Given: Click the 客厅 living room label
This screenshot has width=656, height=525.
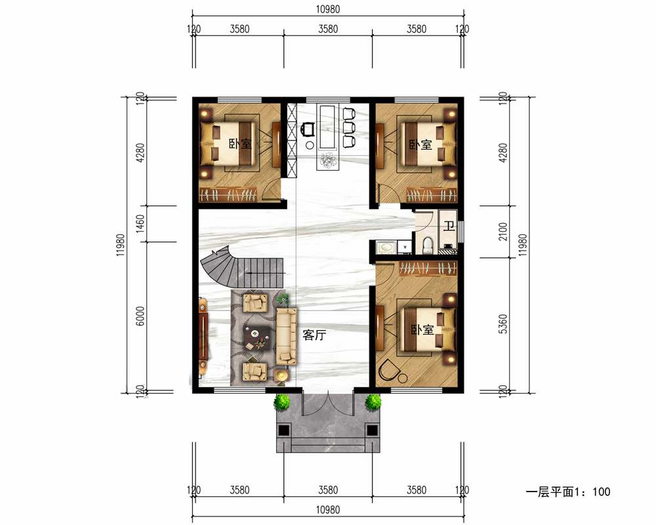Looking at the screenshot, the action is coord(314,335).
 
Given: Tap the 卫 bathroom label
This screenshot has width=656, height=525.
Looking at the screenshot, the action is coord(449,226).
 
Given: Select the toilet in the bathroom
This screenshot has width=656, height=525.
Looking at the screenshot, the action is coord(428,245).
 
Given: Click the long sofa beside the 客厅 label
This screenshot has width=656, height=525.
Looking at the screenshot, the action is coord(287,336).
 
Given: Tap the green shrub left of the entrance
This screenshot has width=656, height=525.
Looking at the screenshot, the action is coord(282,402).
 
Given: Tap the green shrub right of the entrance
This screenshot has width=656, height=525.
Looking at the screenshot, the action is coord(373,402).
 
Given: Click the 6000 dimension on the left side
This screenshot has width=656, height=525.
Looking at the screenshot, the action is coord(140,316).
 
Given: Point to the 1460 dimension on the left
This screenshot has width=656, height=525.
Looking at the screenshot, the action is coord(140,224).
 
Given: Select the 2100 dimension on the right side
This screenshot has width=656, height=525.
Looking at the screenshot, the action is coord(503,232).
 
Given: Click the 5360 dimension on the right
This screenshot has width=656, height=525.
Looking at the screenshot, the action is coord(503,324).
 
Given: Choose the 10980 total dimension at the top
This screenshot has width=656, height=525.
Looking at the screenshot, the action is coord(328,9).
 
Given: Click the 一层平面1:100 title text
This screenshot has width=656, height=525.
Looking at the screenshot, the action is coord(567,492).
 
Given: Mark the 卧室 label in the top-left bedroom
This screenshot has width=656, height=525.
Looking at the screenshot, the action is coord(240,144).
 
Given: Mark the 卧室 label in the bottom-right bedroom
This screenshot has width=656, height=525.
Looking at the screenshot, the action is coord(422,330).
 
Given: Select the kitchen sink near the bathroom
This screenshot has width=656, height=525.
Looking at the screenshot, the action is coord(385,247).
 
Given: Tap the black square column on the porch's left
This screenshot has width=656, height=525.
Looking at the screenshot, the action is coord(283,430).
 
